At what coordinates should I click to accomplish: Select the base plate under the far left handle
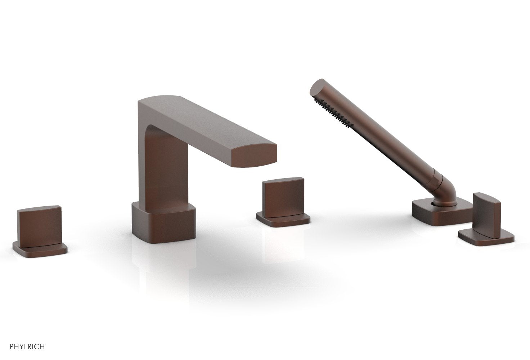pos(40,248)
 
